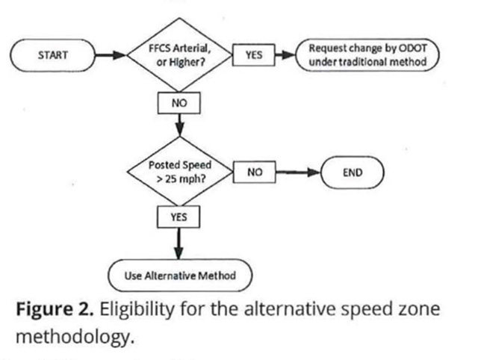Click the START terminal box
[x=52, y=55]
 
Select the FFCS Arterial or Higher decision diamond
[x=179, y=55]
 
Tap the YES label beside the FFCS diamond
[x=254, y=55]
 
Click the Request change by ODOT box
[x=367, y=55]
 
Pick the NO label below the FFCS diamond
[x=179, y=102]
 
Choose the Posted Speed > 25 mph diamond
[x=179, y=173]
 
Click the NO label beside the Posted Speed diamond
[x=255, y=173]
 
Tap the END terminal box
[x=353, y=173]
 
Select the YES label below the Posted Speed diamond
[x=179, y=217]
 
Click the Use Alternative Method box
[x=180, y=276]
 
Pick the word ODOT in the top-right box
[x=415, y=49]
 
